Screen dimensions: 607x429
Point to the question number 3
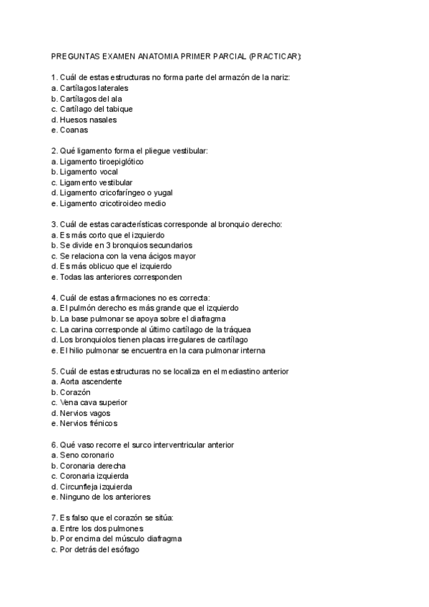coord(54,224)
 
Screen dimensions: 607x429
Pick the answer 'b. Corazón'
coord(71,392)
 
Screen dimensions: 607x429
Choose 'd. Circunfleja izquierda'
coord(92,486)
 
